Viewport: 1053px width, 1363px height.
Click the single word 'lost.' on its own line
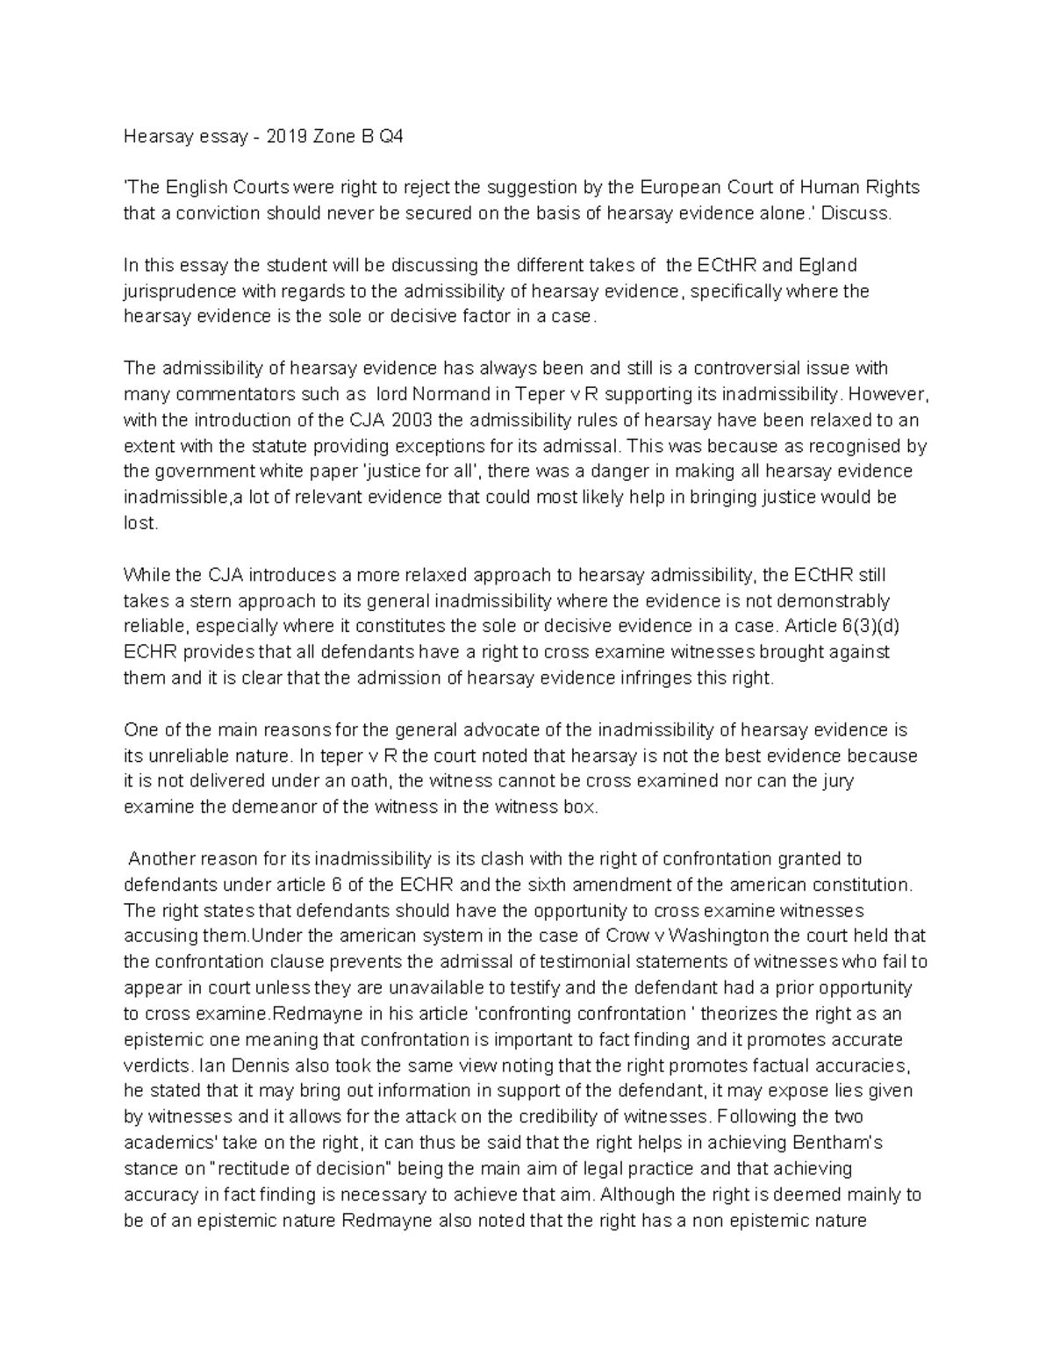[140, 523]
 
